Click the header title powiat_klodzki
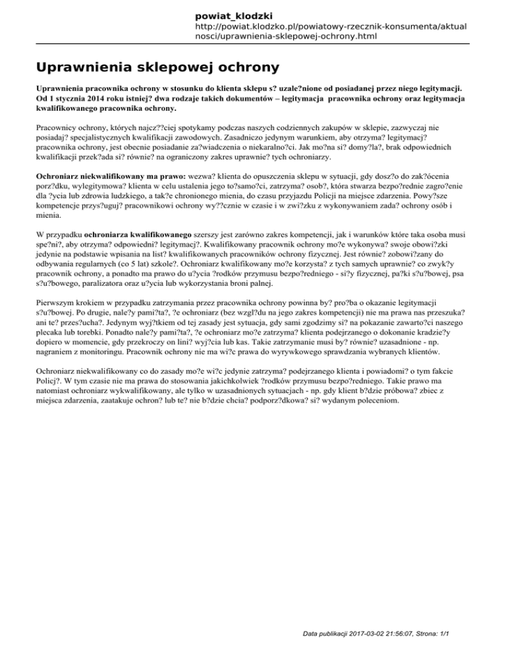pos(235,15)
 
